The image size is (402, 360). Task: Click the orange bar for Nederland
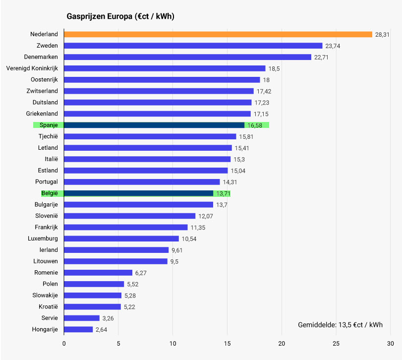click(218, 34)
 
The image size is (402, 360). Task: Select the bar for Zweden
click(193, 46)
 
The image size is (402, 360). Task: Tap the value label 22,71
click(321, 57)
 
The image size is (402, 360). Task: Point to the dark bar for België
click(139, 193)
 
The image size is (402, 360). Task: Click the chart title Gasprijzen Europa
click(120, 16)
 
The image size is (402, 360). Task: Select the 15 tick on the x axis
click(227, 343)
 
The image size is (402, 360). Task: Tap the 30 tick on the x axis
click(390, 343)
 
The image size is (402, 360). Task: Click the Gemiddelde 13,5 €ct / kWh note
click(340, 325)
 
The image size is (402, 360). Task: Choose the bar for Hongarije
click(78, 330)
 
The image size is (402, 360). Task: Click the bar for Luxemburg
click(121, 239)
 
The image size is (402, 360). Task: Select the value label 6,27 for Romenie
click(142, 273)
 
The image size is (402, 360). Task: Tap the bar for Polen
click(94, 284)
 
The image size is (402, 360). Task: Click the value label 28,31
click(382, 35)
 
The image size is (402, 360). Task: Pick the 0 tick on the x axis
click(64, 343)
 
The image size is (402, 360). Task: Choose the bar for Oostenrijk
click(162, 80)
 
